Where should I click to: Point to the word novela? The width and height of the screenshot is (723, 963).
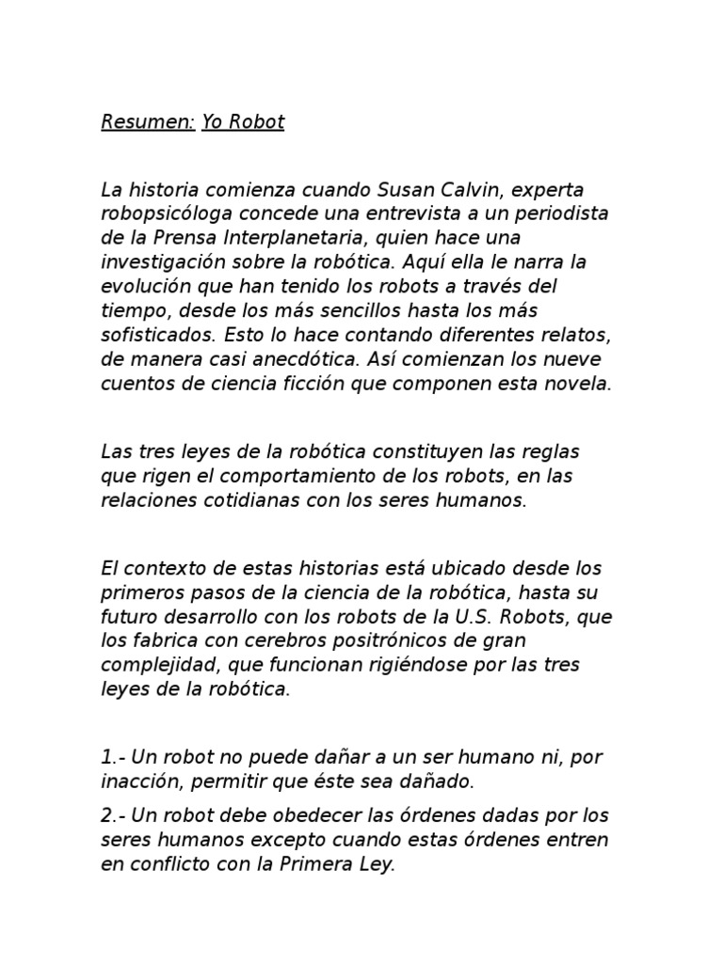point(579,384)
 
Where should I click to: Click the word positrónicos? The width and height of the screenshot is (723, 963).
point(398,641)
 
